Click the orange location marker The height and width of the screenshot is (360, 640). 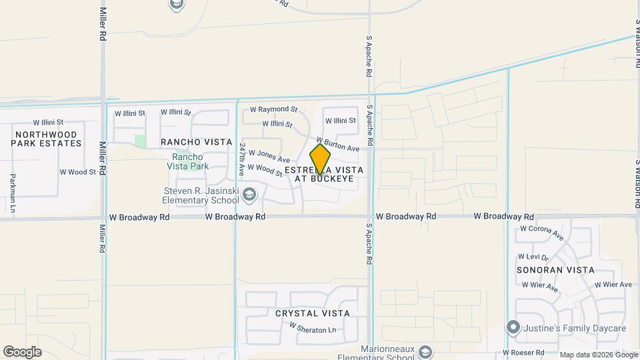pos(321,159)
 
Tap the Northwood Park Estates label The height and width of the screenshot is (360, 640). pos(45,139)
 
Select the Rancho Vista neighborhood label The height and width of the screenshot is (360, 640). pos(197,142)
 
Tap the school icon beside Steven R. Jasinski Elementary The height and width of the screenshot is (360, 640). pos(249,195)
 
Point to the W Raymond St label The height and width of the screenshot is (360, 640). pos(273,109)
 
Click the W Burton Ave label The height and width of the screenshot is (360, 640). pos(338,144)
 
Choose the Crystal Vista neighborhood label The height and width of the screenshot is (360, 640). pos(312,313)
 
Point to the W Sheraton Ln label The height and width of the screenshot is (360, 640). pos(312,327)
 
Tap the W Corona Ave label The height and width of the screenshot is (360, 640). pos(542,232)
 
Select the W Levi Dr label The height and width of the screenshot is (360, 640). pos(533,257)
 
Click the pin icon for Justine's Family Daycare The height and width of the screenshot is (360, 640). pos(513,327)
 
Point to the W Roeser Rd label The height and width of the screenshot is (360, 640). pos(523,352)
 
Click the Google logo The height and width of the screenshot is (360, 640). pos(22,351)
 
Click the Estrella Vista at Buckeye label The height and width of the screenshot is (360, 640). pos(324,175)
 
